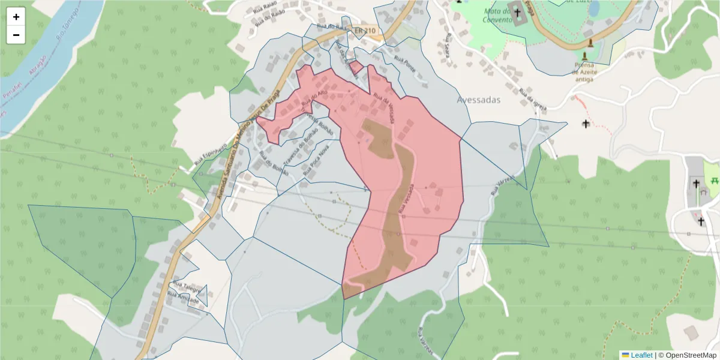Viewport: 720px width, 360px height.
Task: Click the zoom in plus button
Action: pyautogui.click(x=16, y=17)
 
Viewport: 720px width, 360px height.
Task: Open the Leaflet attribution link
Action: pyautogui.click(x=637, y=355)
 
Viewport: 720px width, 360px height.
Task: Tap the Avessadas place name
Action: pyautogui.click(x=478, y=100)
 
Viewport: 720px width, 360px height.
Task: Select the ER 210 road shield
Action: pyautogui.click(x=364, y=31)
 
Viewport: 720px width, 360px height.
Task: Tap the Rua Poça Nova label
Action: pyautogui.click(x=317, y=159)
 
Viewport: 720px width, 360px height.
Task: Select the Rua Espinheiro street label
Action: pyautogui.click(x=210, y=154)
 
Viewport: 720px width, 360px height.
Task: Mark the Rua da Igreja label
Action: pyautogui.click(x=533, y=101)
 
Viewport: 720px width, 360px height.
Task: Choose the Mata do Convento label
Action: pyautogui.click(x=497, y=14)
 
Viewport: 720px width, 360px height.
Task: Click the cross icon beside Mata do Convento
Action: pyautogui.click(x=517, y=12)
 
